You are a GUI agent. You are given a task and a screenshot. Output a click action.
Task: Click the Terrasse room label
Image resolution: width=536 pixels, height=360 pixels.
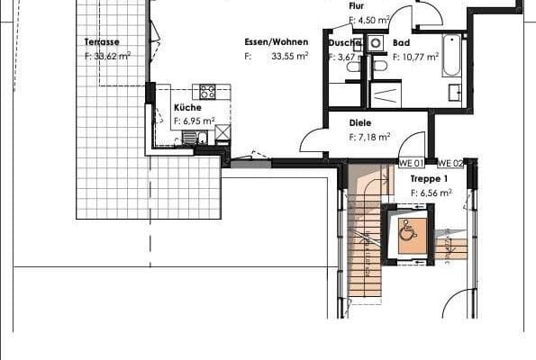(x=102, y=41)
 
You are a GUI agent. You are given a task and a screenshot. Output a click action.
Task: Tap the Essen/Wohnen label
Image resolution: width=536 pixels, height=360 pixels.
(x=277, y=41)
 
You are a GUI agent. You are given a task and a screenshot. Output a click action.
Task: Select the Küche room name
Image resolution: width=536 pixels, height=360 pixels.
(x=187, y=107)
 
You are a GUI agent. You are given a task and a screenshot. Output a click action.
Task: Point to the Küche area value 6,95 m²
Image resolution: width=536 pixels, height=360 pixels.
(x=201, y=120)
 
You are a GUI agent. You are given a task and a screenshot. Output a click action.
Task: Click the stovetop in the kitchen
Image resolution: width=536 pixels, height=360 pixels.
(x=207, y=91)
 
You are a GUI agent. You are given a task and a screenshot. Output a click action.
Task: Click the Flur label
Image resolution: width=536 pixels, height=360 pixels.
(x=357, y=5)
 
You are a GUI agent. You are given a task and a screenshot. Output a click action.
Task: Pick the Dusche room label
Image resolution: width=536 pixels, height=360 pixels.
(x=344, y=42)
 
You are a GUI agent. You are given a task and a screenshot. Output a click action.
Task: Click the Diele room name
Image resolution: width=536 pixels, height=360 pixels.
(x=360, y=124)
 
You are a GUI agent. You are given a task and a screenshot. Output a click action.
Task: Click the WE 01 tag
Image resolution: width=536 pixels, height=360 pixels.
(x=412, y=163)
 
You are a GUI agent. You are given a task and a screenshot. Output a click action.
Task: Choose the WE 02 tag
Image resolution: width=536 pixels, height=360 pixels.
(x=450, y=163)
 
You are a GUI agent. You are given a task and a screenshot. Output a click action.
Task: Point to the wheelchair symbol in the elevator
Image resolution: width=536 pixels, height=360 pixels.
(x=407, y=232)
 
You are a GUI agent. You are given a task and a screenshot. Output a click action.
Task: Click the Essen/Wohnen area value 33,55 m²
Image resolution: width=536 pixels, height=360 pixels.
(x=290, y=55)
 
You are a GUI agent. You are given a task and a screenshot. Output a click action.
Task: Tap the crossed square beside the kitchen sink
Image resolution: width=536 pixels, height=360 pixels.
(x=222, y=133)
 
